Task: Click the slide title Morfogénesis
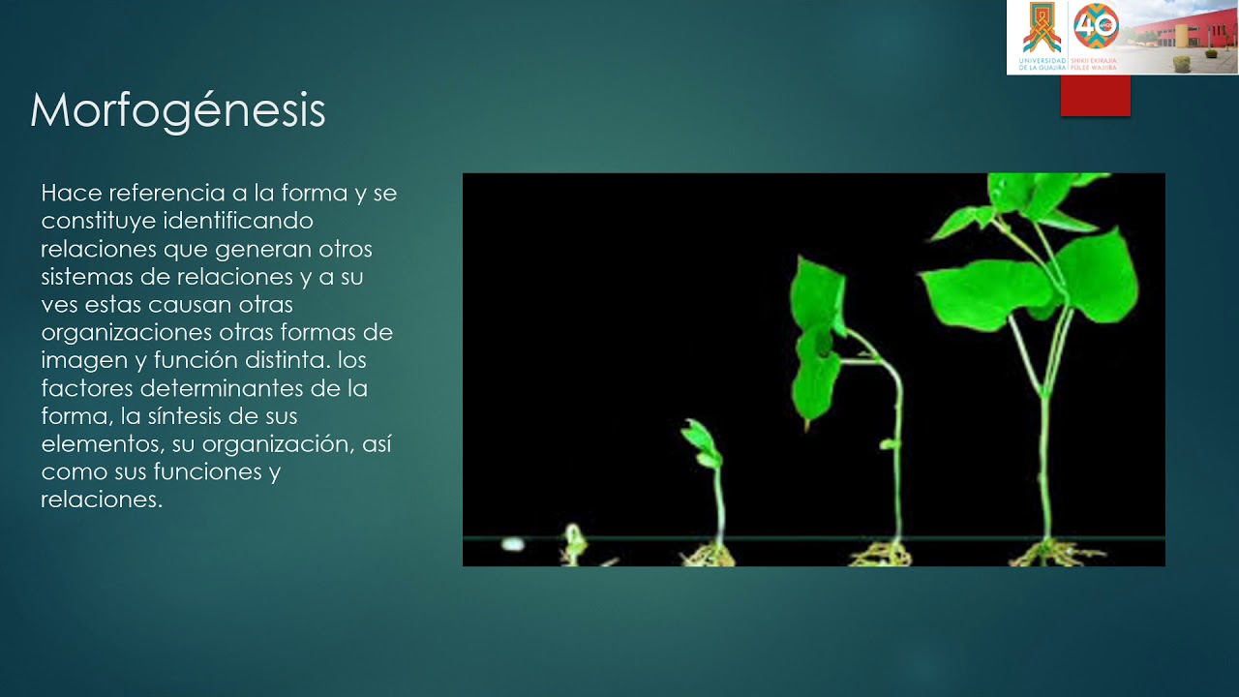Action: (x=177, y=111)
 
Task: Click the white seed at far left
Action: (x=512, y=544)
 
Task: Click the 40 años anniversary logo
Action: (x=1097, y=27)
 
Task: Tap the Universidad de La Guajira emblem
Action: (x=1042, y=31)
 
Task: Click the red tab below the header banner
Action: (x=1095, y=96)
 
